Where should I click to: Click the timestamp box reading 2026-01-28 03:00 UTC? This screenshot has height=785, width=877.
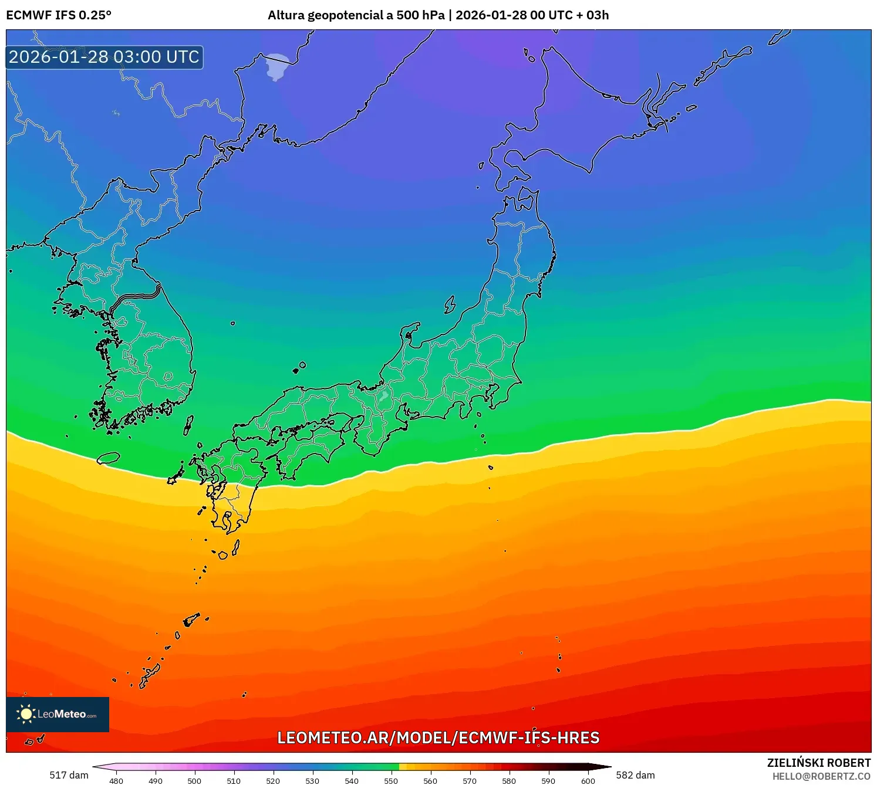(104, 57)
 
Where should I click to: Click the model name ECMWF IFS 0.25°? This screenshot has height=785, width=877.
(59, 15)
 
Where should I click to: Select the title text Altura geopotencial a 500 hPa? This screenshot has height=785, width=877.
(356, 15)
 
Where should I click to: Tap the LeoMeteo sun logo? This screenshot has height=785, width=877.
(26, 714)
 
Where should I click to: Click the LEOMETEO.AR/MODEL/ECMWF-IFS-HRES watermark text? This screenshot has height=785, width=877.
(438, 738)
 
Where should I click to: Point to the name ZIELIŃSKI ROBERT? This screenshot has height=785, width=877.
(818, 763)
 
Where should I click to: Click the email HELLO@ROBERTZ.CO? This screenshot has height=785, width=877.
(821, 776)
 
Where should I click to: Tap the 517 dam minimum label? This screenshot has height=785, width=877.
(69, 775)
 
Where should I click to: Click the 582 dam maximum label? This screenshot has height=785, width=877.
(635, 775)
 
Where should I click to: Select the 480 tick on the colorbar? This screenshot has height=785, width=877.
(116, 781)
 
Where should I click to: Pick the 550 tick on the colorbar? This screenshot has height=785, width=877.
(391, 781)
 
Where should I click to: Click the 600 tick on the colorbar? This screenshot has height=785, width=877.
(588, 781)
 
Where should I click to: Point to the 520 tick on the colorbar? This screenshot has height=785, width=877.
(273, 781)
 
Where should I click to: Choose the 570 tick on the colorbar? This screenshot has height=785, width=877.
(470, 781)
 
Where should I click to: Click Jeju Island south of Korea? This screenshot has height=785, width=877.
(109, 458)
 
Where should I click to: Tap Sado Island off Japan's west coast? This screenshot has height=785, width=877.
(450, 304)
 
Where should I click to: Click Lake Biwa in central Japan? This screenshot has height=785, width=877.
(384, 395)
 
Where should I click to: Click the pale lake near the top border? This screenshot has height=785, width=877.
(277, 66)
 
